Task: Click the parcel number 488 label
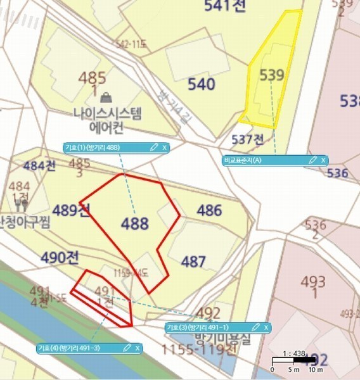click(x=135, y=224)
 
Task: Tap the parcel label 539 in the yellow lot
click(x=271, y=75)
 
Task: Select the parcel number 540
click(x=201, y=84)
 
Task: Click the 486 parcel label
click(x=209, y=210)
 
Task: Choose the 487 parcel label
click(x=193, y=261)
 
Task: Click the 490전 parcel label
click(x=60, y=258)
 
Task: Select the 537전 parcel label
click(x=248, y=139)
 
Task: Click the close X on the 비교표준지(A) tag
click(x=323, y=160)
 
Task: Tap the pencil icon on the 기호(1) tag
click(x=153, y=148)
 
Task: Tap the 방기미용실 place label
click(x=207, y=339)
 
